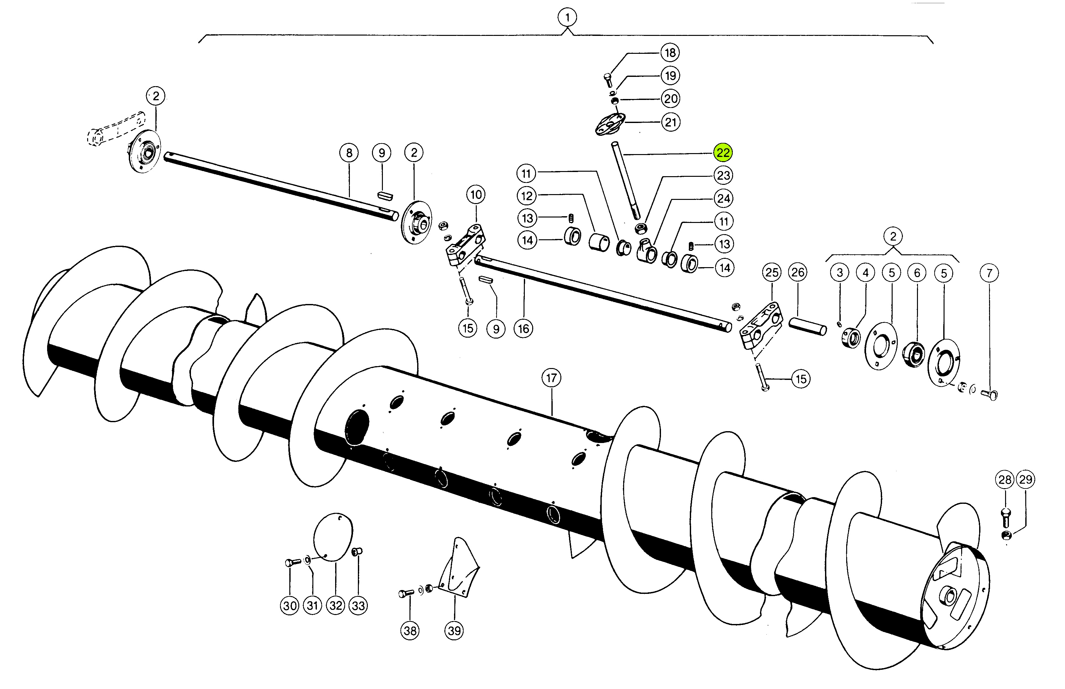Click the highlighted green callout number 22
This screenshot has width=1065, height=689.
click(723, 152)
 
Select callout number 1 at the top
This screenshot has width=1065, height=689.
click(567, 18)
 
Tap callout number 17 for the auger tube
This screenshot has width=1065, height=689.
click(551, 378)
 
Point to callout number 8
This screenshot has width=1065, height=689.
click(349, 153)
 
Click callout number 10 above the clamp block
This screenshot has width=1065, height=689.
click(476, 195)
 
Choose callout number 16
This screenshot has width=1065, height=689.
click(523, 329)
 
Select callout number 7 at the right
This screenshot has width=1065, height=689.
click(989, 273)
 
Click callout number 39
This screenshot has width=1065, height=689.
click(454, 631)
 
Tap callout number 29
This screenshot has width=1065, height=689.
click(1026, 480)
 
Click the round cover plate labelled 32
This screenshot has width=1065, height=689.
click(333, 537)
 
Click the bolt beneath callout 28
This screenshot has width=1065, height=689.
click(1005, 518)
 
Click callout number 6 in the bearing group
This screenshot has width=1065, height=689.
click(917, 273)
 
